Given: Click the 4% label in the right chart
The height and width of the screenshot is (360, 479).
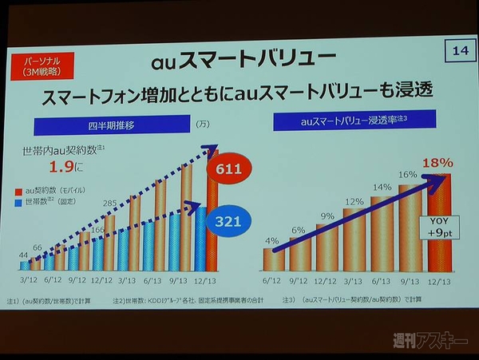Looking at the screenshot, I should tap(273, 240).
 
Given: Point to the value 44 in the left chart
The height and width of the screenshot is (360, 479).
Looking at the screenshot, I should tap(25, 255).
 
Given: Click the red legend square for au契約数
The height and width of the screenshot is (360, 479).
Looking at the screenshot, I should tap(20, 192).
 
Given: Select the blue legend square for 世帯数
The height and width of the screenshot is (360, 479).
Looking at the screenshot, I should tap(20, 204).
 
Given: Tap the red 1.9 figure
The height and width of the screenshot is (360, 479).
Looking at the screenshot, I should tap(61, 168).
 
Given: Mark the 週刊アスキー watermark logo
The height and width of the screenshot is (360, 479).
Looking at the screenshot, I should tap(430, 342).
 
